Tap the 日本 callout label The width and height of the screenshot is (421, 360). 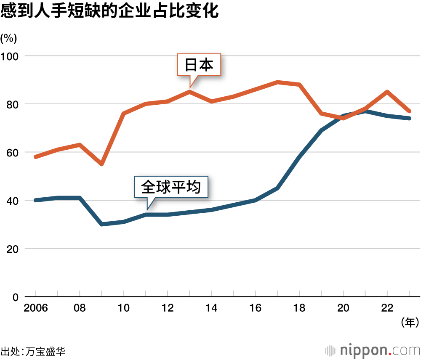click(199, 65)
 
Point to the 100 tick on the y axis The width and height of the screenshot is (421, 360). click(12, 56)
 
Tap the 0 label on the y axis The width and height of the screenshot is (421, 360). click(16, 297)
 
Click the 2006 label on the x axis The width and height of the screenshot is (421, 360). click(36, 308)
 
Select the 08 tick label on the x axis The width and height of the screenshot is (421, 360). click(80, 308)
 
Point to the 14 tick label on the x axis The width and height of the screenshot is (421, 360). click(211, 308)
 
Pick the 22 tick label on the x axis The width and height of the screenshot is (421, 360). click(387, 308)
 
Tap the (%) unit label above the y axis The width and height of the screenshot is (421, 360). click(8, 38)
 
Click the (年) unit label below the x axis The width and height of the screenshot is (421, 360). click(409, 323)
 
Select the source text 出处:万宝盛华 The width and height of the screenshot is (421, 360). click(33, 351)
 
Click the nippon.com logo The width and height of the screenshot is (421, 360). click(373, 350)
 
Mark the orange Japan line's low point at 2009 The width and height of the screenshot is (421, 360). click(101, 164)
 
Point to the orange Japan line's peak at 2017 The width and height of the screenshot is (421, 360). click(277, 82)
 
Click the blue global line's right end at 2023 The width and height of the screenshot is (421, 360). click(409, 118)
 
